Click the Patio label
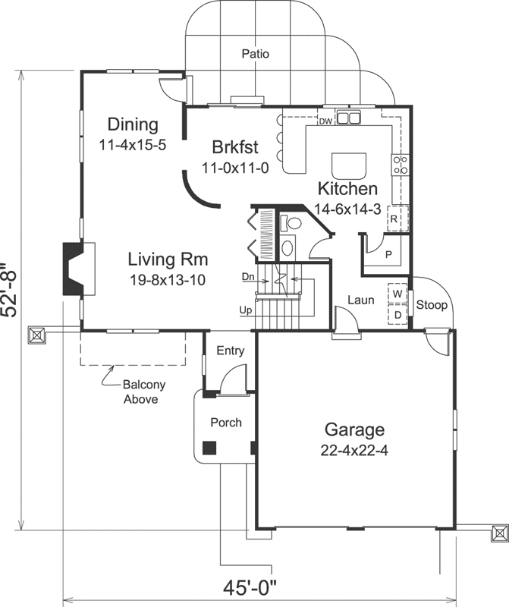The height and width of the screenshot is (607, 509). [x=256, y=54]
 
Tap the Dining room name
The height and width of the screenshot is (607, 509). [x=132, y=124]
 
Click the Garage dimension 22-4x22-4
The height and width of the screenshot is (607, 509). [x=355, y=450]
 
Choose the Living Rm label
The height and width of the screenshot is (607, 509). [x=167, y=258]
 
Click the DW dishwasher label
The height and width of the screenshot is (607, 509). [x=325, y=121]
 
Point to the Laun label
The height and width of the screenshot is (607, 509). [x=361, y=300]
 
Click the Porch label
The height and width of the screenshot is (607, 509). [x=226, y=422]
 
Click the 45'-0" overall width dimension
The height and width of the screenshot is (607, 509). [x=250, y=589]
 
